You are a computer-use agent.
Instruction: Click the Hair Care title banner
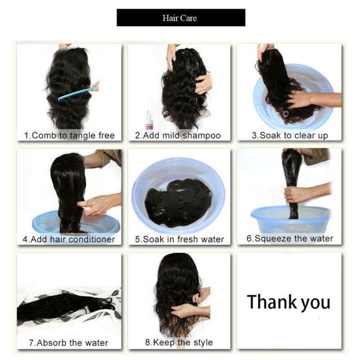181,17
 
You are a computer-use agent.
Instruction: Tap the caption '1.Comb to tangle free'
69,135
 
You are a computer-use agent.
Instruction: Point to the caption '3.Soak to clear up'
289,135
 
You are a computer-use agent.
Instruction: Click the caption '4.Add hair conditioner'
69,239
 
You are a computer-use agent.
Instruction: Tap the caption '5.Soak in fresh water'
180,239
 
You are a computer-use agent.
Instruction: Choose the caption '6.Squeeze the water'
289,238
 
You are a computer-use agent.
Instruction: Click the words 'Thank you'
289,302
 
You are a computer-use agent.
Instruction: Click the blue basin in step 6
290,221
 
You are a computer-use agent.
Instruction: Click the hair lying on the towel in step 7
59,307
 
